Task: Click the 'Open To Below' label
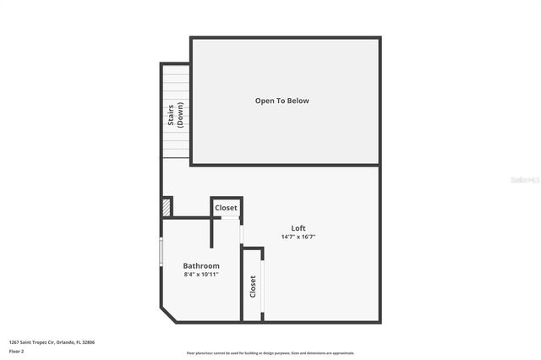[x=282, y=101]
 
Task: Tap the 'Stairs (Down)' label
[x=176, y=115]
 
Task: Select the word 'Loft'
[x=298, y=227]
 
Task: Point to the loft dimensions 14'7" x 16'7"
[x=298, y=237]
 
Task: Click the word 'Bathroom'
[x=201, y=265]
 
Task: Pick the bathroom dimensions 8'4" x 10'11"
[x=201, y=275]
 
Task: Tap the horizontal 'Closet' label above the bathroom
[x=226, y=208]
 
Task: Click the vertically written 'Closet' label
[x=252, y=286]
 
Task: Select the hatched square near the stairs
[x=167, y=206]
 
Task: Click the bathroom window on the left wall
[x=161, y=251]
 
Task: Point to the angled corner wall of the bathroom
[x=168, y=314]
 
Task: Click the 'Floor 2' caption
[x=16, y=351]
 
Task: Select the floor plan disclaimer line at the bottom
[x=270, y=353]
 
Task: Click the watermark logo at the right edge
[x=525, y=179]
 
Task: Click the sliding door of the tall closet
[x=263, y=286]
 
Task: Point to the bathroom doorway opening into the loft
[x=242, y=232]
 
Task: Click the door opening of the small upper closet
[x=226, y=218]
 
